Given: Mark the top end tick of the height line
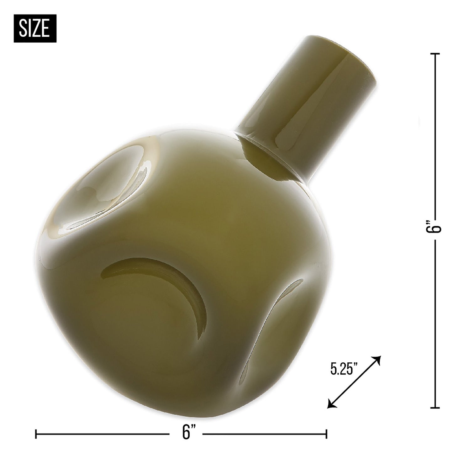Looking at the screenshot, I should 435,54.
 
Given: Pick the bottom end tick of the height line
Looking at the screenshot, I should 435,408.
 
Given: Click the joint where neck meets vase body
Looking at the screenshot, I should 270,157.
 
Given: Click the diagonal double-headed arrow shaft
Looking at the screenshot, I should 354,382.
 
